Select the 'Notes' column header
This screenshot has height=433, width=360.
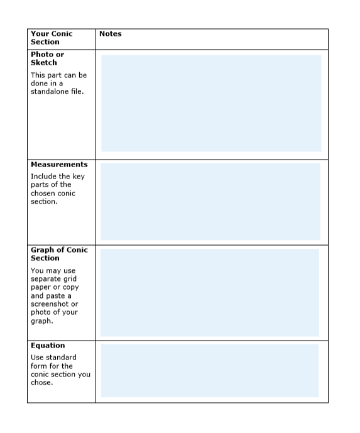point(110,34)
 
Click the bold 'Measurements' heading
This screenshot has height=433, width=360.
point(59,165)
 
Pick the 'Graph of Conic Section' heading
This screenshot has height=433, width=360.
point(59,254)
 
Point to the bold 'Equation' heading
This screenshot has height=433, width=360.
point(48,346)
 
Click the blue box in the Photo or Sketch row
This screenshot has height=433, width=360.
point(211,103)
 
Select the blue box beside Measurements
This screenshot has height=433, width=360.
point(210,201)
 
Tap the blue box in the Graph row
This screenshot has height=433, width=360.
point(209,292)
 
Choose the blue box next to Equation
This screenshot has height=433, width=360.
point(209,370)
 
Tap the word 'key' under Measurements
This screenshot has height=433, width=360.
point(78,177)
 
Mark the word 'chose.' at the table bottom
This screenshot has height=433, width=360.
point(41,383)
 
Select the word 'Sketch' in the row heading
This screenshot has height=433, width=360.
point(43,63)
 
